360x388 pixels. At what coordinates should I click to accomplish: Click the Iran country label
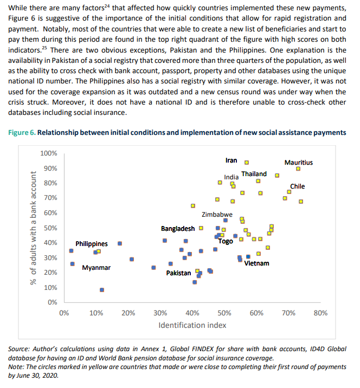pyautogui.click(x=231, y=160)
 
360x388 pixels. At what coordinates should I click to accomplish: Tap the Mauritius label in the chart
pyautogui.click(x=298, y=162)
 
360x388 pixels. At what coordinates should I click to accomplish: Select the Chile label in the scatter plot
pyautogui.click(x=298, y=186)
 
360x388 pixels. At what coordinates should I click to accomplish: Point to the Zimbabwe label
pyautogui.click(x=217, y=215)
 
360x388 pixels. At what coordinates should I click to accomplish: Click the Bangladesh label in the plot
pyautogui.click(x=177, y=229)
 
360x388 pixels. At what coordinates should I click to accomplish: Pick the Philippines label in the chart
pyautogui.click(x=91, y=244)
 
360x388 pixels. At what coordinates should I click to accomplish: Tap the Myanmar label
pyautogui.click(x=96, y=268)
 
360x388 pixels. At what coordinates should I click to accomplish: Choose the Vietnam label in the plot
pyautogui.click(x=256, y=263)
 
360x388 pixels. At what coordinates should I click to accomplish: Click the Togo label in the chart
pyautogui.click(x=226, y=241)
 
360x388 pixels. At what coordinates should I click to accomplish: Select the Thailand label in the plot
pyautogui.click(x=254, y=173)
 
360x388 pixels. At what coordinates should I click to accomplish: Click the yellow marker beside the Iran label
pyautogui.click(x=247, y=162)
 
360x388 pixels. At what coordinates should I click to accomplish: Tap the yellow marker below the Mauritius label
pyautogui.click(x=298, y=169)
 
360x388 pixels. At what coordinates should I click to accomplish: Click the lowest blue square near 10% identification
pyautogui.click(x=102, y=290)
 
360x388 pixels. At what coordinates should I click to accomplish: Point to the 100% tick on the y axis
pyautogui.click(x=49, y=154)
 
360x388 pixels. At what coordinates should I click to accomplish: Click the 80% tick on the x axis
pyautogui.click(x=320, y=313)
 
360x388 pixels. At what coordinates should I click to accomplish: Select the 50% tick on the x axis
pyautogui.click(x=224, y=313)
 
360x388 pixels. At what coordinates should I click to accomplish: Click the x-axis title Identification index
pyautogui.click(x=192, y=325)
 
